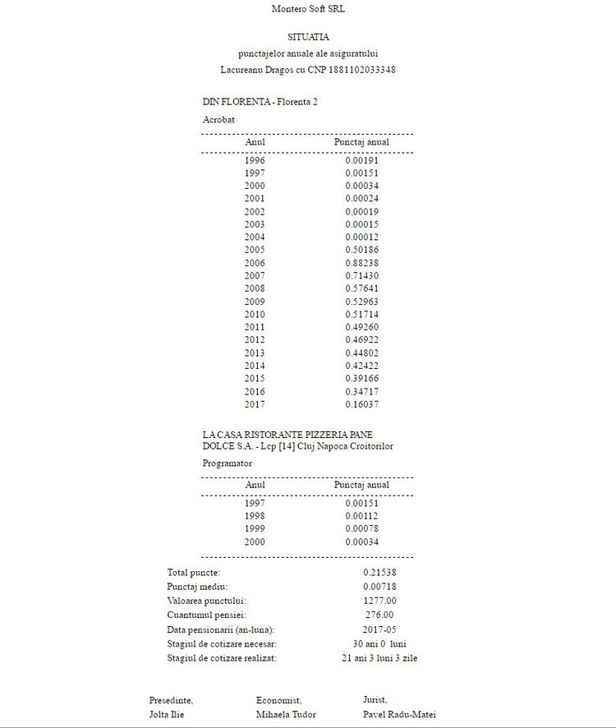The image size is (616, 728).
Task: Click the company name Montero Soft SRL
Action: pos(308,9)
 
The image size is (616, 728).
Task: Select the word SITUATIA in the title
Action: pos(308,37)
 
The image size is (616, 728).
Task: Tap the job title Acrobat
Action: pos(218,119)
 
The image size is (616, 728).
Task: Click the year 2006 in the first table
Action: pos(255,262)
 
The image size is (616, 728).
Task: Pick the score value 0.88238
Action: pos(361,262)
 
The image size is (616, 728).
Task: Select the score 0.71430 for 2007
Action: pos(361,275)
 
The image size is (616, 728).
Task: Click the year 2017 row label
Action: pos(255,403)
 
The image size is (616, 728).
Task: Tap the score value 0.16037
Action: pos(361,403)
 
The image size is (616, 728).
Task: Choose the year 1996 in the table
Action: pos(255,160)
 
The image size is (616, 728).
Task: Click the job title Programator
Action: pos(227,463)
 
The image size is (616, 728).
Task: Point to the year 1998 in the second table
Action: pos(255,516)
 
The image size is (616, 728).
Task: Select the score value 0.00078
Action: pos(361,529)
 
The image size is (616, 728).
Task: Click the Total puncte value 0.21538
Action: pos(379,572)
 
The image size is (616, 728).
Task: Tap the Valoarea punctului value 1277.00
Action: pos(379,601)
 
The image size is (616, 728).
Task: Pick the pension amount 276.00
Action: pos(379,615)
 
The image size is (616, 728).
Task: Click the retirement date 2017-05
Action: pos(379,629)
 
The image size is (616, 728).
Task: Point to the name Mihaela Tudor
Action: pos(286,715)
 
